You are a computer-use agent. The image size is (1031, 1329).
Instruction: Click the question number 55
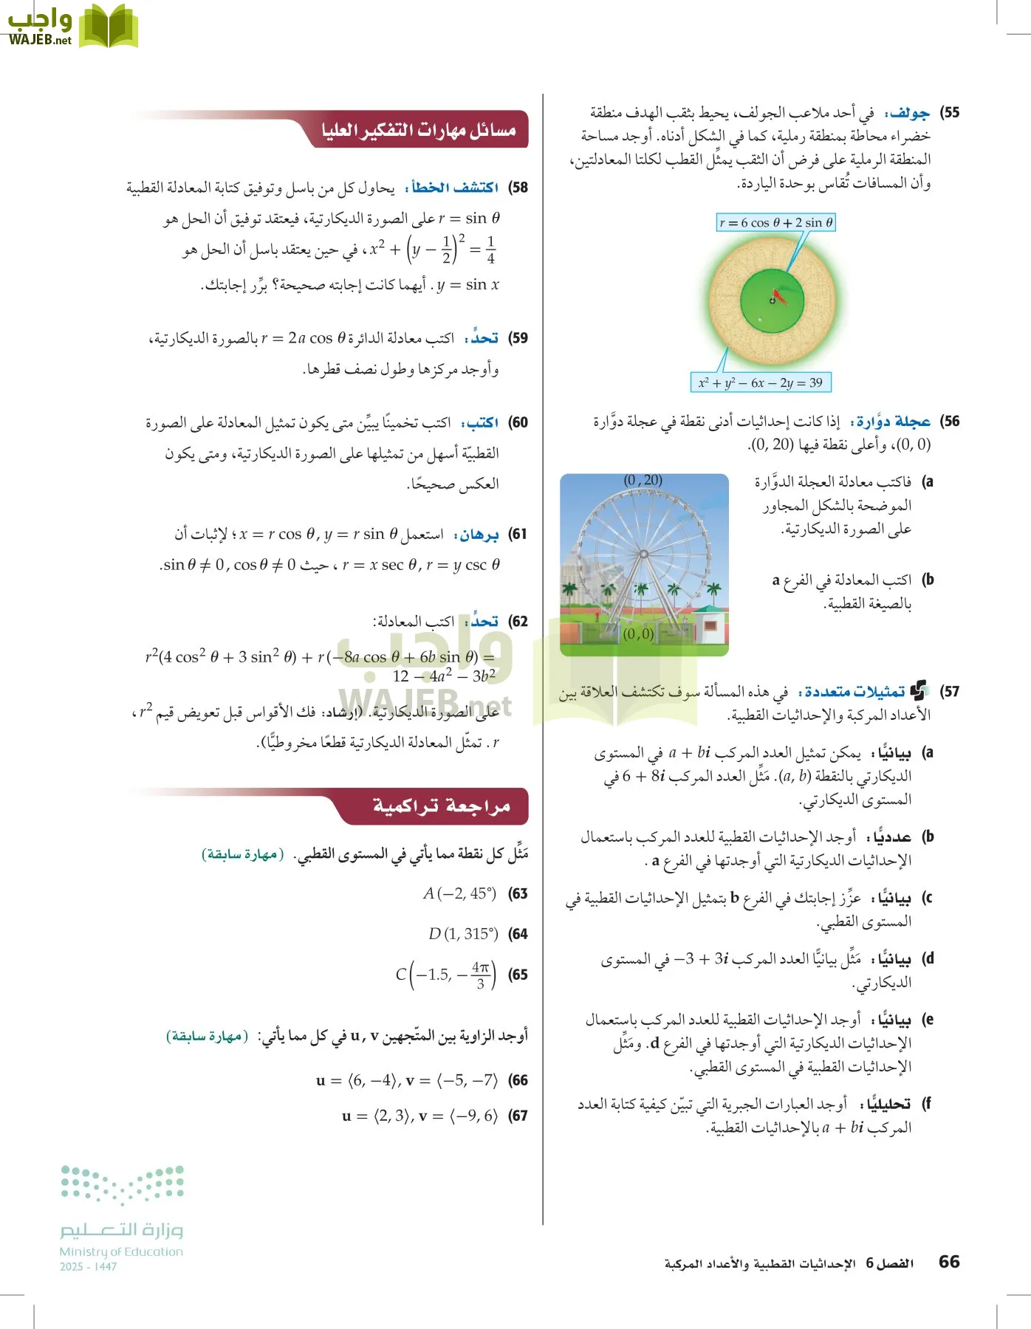[950, 113]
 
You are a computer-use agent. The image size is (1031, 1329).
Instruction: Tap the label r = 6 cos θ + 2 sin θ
[775, 222]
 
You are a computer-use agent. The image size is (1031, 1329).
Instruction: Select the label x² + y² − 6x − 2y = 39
[760, 382]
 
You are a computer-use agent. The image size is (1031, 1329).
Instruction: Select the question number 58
[518, 188]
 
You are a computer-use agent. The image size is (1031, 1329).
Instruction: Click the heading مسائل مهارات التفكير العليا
[419, 130]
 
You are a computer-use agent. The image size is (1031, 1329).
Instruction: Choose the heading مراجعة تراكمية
[441, 806]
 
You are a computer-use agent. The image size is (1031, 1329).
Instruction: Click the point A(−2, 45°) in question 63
[459, 893]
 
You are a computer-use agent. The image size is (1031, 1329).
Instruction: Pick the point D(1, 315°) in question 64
[463, 934]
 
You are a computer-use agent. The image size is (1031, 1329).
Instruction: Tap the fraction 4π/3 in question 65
[481, 975]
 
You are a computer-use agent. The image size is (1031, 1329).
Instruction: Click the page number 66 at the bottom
[949, 1262]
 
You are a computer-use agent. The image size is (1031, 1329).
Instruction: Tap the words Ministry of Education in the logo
[121, 1251]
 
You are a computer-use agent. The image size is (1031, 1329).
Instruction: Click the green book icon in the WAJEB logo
[109, 27]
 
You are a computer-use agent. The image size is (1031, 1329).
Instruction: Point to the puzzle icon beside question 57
[918, 691]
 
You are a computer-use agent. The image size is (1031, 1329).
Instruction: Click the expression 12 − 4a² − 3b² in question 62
[444, 676]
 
